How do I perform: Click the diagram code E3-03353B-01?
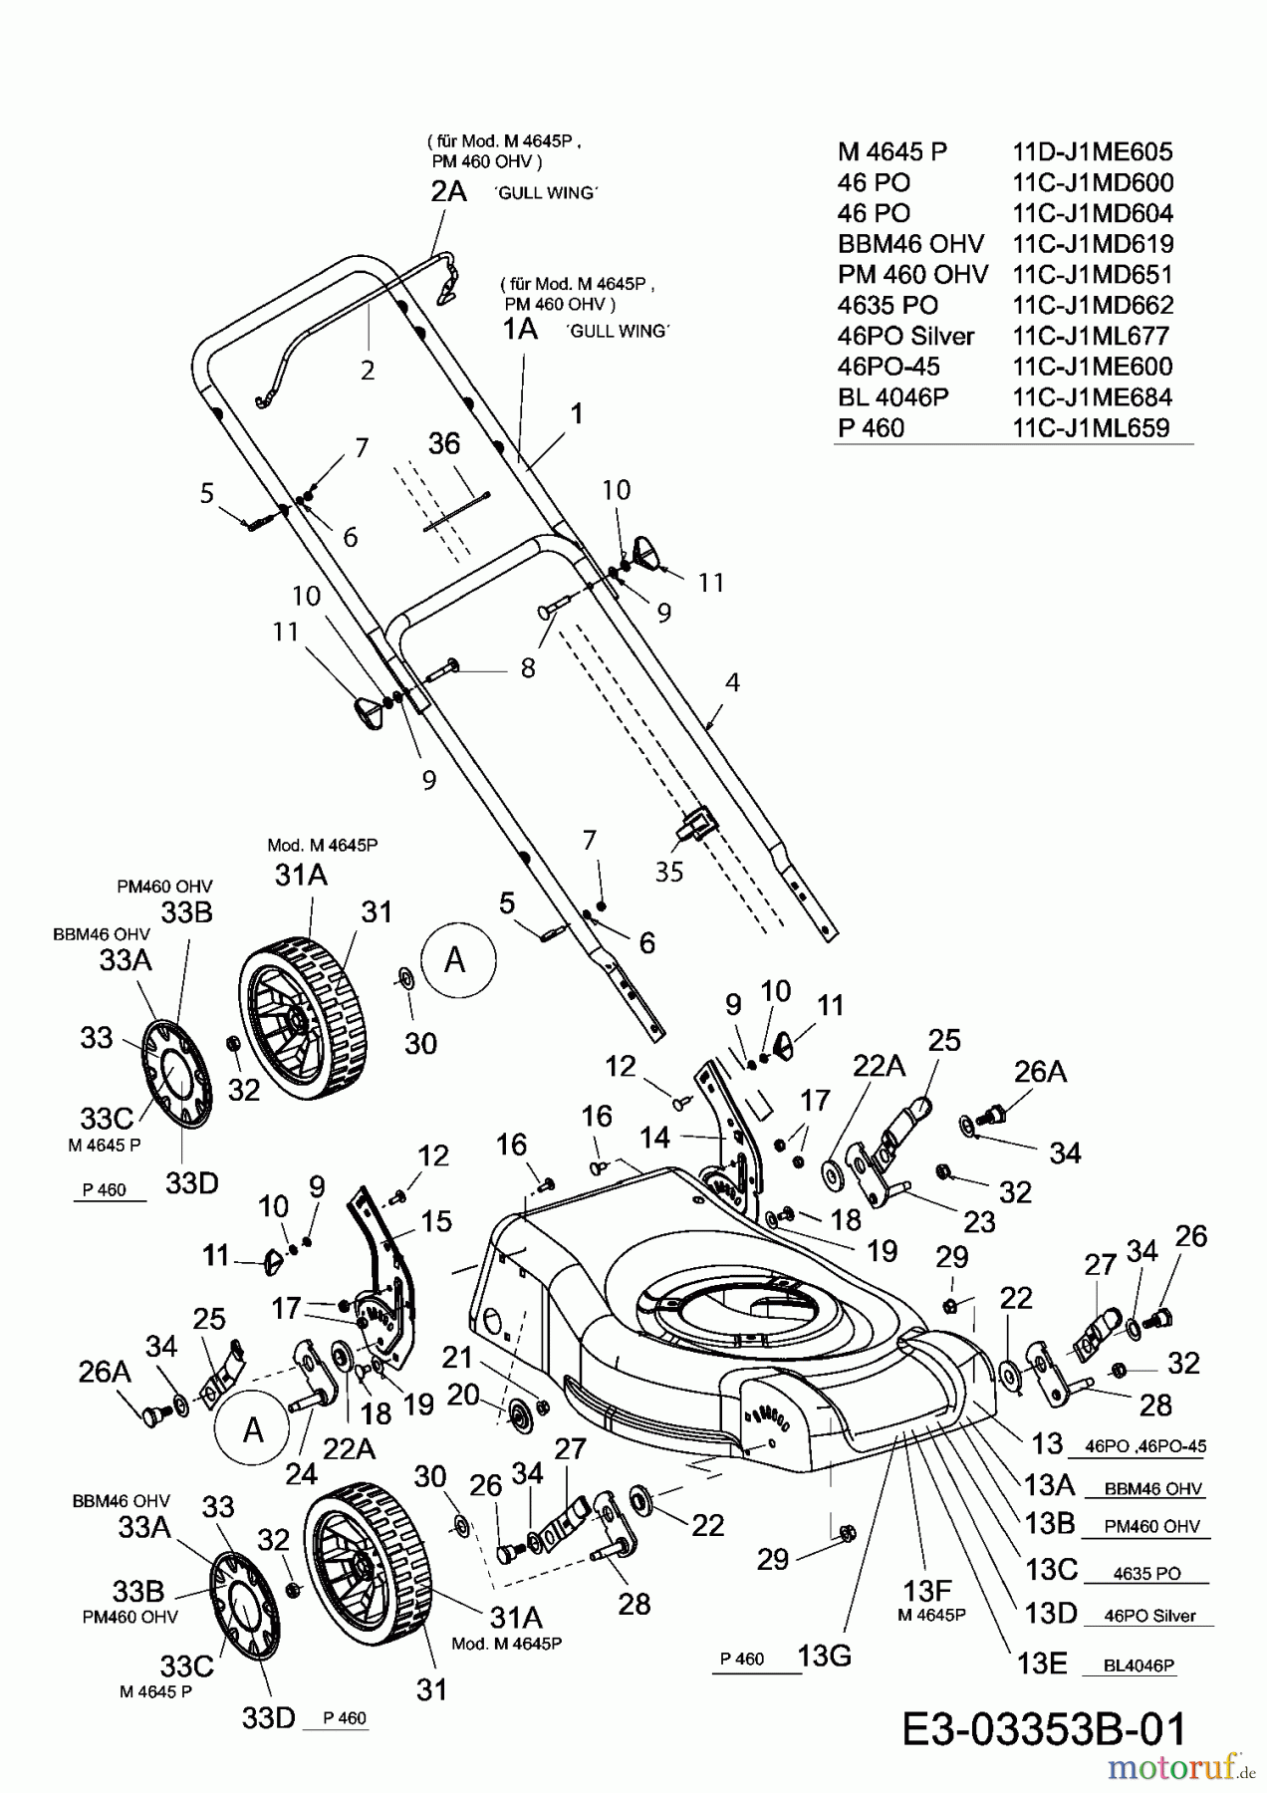point(1044,1730)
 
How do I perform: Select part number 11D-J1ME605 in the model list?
point(1093,151)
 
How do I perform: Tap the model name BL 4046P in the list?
point(892,397)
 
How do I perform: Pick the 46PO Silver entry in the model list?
point(905,336)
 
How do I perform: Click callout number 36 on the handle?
point(444,443)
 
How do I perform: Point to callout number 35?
point(669,872)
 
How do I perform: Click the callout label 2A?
point(448,191)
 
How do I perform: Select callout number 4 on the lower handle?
point(733,682)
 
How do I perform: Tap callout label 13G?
point(824,1657)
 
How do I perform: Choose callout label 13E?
point(1042,1664)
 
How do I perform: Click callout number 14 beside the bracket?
point(654,1137)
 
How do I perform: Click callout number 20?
point(463,1396)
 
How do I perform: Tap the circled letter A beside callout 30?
point(457,959)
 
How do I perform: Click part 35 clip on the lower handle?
point(697,822)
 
